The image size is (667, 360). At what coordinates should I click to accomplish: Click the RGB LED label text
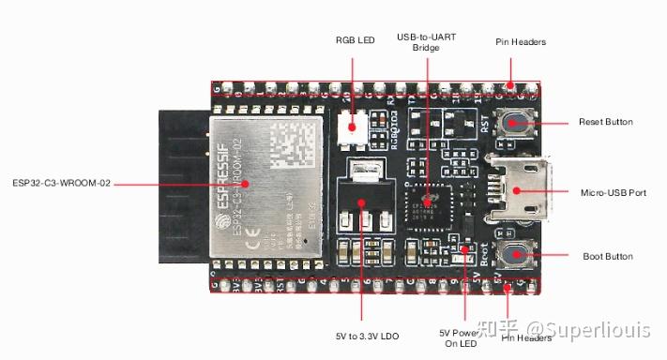tap(354, 40)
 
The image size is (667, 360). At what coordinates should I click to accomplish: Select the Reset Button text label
tap(605, 123)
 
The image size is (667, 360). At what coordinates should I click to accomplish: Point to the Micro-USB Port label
tap(613, 192)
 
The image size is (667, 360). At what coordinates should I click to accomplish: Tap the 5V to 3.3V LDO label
tap(367, 335)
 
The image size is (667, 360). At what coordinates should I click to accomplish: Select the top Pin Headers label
tap(521, 42)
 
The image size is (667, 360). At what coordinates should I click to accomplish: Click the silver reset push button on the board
tap(516, 123)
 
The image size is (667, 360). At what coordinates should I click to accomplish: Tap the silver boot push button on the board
tap(514, 254)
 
